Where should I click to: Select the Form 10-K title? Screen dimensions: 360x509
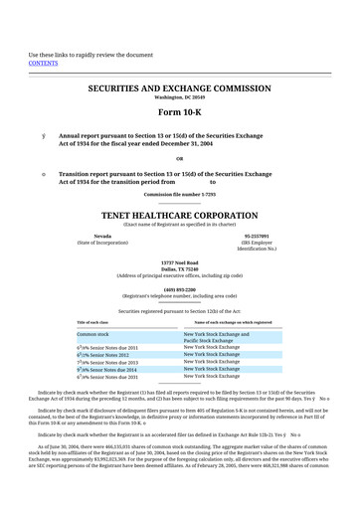tap(180, 110)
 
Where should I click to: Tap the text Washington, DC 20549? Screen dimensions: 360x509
tap(180, 98)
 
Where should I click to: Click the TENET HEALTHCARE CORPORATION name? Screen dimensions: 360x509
tap(179, 214)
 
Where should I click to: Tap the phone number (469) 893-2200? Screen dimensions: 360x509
tap(180, 289)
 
